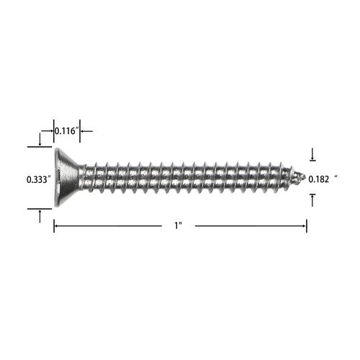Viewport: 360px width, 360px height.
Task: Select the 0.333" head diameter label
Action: pyautogui.click(x=39, y=179)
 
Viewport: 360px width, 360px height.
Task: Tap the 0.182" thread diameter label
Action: pyautogui.click(x=319, y=179)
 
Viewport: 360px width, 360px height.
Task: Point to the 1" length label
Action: pyautogui.click(x=178, y=226)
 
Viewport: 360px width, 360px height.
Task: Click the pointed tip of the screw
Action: pyautogui.click(x=305, y=176)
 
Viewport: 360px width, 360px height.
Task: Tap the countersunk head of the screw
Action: pyautogui.click(x=68, y=177)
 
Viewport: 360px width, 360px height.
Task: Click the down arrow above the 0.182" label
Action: pyautogui.click(x=312, y=155)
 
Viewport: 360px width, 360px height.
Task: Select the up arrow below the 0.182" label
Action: pyautogui.click(x=312, y=200)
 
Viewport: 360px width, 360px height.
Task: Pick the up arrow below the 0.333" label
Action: pyautogui.click(x=40, y=216)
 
